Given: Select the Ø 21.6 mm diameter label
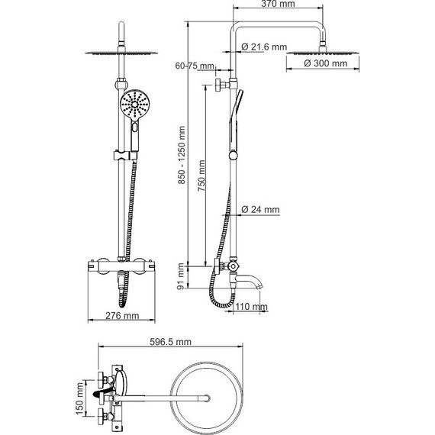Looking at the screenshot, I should click(264, 48).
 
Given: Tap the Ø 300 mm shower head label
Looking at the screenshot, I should click(321, 63).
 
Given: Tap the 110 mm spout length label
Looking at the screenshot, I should click(252, 307).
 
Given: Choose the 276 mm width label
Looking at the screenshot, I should click(121, 314).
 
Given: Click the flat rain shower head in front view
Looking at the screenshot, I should click(121, 52).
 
